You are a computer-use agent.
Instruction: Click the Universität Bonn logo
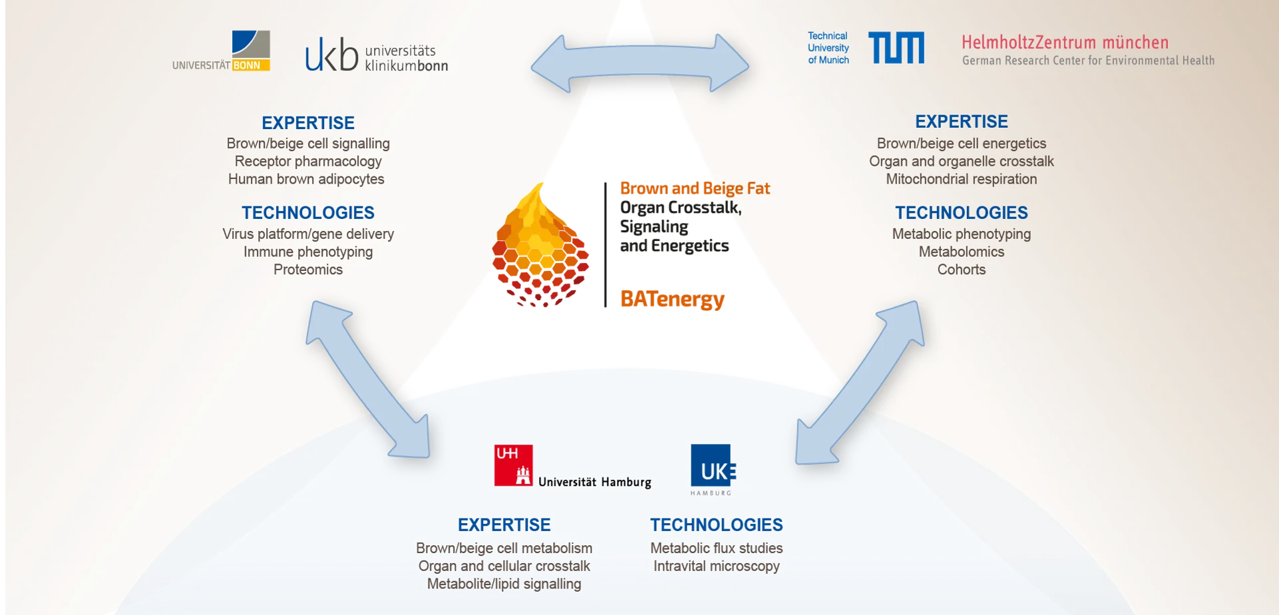click(222, 51)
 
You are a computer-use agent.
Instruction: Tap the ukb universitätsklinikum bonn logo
click(376, 55)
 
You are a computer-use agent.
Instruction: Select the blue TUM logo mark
click(896, 48)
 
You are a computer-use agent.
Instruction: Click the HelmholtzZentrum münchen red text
click(1065, 43)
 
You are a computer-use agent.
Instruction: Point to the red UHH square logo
click(513, 465)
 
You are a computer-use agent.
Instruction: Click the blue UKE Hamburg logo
click(711, 469)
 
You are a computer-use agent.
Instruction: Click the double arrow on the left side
click(368, 379)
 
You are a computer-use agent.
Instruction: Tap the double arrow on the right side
click(860, 383)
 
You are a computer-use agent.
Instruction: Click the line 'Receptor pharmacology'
click(308, 161)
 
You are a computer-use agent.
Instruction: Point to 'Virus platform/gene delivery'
click(308, 234)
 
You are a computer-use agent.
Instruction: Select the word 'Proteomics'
click(308, 270)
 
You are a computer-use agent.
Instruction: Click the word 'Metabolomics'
click(962, 252)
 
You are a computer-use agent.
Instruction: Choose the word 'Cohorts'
click(962, 270)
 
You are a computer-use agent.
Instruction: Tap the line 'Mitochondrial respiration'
click(962, 179)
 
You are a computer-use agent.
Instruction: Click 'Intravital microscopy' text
click(716, 566)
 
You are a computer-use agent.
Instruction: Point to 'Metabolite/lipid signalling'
click(504, 584)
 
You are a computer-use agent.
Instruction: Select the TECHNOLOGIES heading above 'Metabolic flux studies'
click(716, 524)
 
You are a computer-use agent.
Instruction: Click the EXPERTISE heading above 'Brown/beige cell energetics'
click(962, 121)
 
